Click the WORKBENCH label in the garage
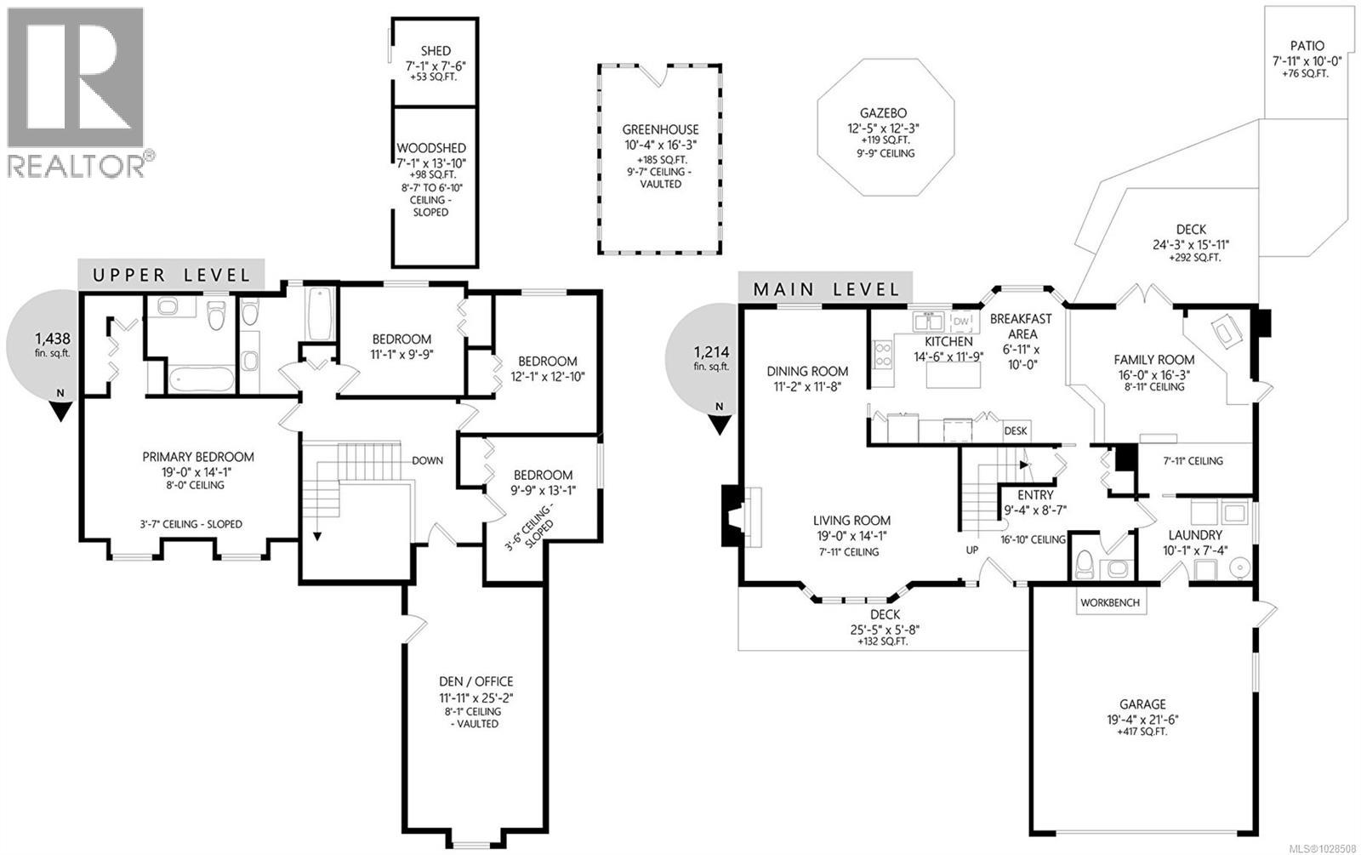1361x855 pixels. [x=1109, y=602]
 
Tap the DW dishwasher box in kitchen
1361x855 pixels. [x=961, y=321]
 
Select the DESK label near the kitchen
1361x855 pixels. [x=1015, y=430]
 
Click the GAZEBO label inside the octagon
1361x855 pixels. [x=882, y=112]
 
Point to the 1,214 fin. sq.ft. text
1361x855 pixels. [x=711, y=358]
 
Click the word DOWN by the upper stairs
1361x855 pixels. [x=427, y=460]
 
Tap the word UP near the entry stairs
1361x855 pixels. [x=972, y=550]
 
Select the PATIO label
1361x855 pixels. [x=1307, y=46]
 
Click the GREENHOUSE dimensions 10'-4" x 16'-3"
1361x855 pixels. [x=660, y=145]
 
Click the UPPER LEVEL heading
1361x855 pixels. [x=172, y=275]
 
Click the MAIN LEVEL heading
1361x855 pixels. [x=826, y=289]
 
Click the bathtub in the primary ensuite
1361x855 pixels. [x=202, y=378]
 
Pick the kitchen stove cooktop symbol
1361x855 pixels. [x=881, y=353]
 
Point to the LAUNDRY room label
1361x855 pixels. [x=1194, y=535]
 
